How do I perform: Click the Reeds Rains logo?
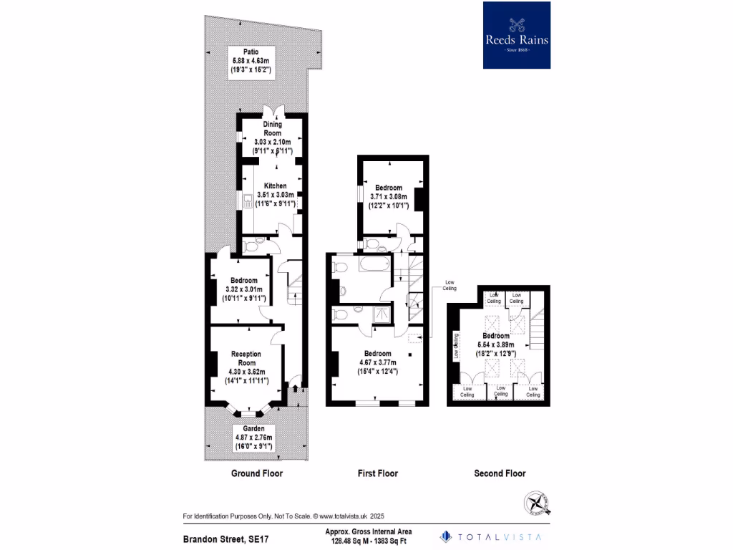click(517, 35)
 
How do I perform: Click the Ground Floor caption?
click(256, 473)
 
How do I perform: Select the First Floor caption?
click(377, 473)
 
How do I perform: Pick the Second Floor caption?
click(500, 473)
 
